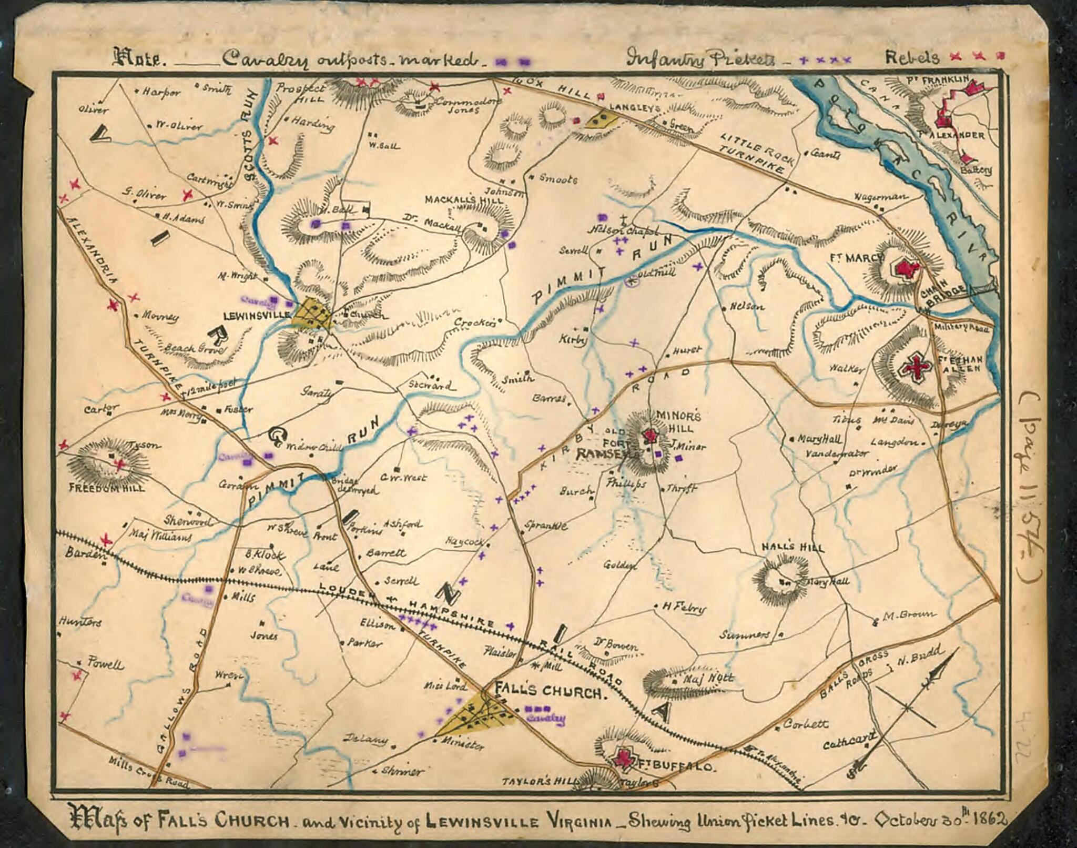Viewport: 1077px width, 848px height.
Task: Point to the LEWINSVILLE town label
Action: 257,315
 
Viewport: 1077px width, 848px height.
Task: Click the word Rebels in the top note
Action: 912,57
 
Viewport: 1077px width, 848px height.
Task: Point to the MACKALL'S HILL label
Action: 463,200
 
